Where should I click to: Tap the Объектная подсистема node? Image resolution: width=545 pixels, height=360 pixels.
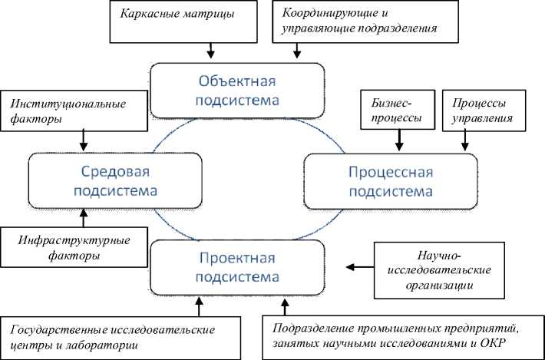point(236,90)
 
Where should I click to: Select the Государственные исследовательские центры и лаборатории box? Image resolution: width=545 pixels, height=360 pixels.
point(124,337)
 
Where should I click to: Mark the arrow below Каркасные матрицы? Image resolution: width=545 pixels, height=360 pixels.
point(211,51)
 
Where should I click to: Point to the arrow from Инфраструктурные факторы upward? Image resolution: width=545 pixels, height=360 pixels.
point(83,217)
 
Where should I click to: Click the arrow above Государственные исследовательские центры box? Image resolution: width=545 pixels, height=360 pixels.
point(199,308)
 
